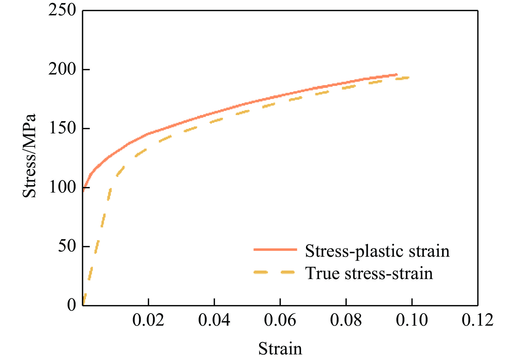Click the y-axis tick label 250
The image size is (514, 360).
tap(62, 11)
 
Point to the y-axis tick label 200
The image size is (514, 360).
tap(62, 69)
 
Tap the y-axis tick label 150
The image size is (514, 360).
tap(62, 128)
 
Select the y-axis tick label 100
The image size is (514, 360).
tap(62, 187)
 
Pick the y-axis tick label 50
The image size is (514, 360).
tap(67, 246)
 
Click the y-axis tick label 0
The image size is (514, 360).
tap(71, 305)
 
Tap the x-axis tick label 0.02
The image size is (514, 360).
tap(148, 320)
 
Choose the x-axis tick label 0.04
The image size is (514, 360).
tap(214, 320)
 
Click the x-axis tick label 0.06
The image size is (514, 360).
tap(280, 320)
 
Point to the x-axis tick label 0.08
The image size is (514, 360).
tap(346, 320)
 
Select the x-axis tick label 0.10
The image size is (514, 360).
tap(412, 320)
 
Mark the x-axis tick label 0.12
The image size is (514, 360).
tap(477, 320)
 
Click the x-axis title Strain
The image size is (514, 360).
tap(280, 349)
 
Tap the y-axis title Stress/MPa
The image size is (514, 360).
tap(30, 156)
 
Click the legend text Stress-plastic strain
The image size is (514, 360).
tap(377, 251)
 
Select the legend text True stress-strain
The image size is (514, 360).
tap(369, 273)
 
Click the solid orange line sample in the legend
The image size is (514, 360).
tap(275, 249)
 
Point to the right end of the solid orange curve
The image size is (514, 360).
tap(397, 75)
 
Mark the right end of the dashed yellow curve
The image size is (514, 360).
tap(409, 78)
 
